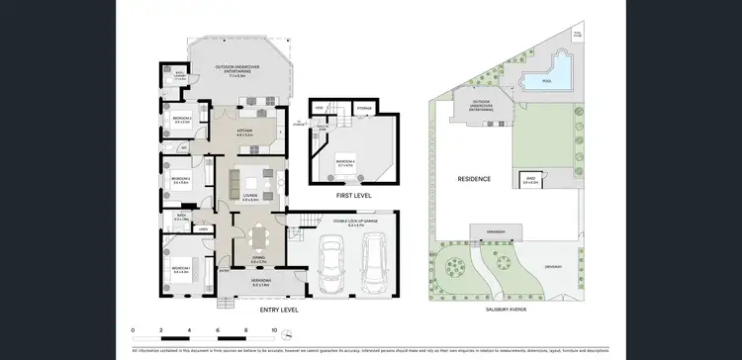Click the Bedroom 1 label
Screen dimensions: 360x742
pos(181,269)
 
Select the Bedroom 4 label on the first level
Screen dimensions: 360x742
pos(346,161)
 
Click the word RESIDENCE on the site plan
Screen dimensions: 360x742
pos(475,179)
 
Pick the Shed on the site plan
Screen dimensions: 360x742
pos(531,180)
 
